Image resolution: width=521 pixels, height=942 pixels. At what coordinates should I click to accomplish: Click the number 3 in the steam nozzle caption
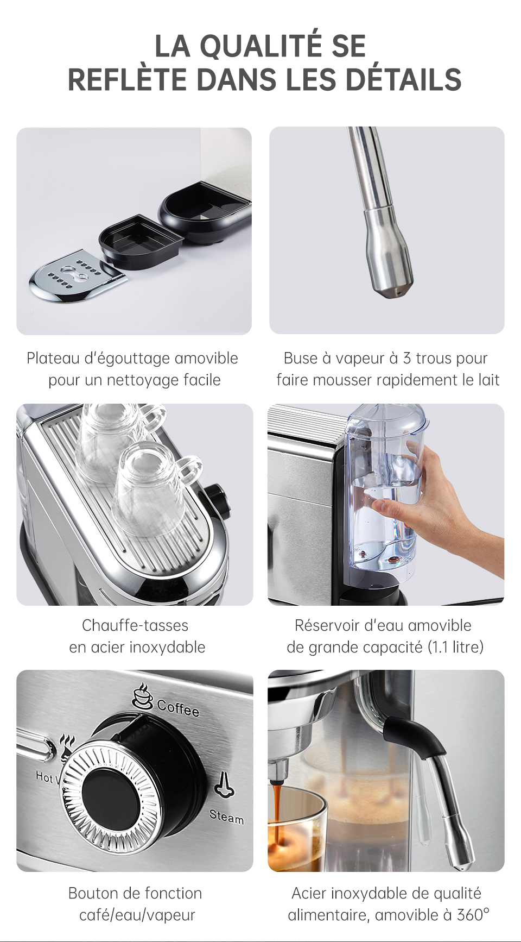click(407, 359)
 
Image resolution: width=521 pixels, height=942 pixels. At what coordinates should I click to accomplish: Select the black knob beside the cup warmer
click(218, 500)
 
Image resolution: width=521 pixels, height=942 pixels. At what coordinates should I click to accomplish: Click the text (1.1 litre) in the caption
click(455, 648)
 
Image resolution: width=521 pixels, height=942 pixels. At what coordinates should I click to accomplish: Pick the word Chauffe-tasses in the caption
click(135, 626)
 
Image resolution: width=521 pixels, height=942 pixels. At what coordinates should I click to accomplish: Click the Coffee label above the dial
click(178, 708)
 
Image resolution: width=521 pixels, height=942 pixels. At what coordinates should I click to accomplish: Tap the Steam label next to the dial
click(227, 817)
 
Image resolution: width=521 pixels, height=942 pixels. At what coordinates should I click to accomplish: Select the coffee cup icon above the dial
click(143, 696)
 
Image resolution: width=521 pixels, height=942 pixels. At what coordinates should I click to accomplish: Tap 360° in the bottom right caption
click(473, 915)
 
